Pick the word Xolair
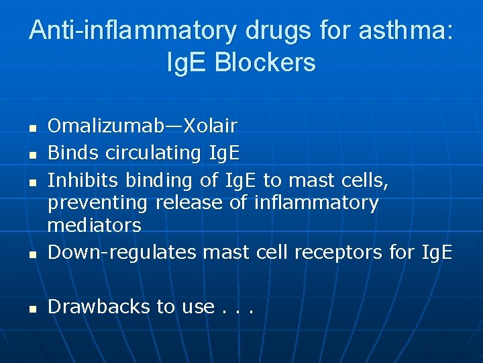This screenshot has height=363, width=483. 211,125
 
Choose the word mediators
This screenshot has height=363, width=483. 94,225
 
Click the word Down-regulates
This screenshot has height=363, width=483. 122,252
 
